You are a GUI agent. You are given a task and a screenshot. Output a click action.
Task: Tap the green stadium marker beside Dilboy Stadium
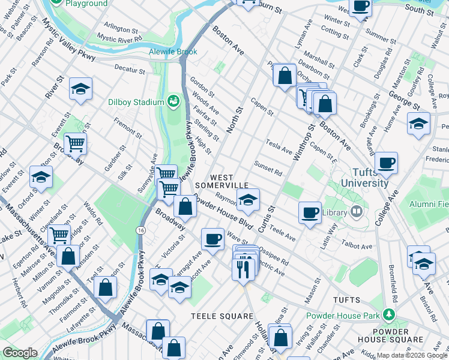click(x=173, y=101)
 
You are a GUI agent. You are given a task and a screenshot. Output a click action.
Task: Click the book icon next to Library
click(x=357, y=212)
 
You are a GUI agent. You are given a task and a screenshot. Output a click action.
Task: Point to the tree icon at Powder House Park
click(x=389, y=314)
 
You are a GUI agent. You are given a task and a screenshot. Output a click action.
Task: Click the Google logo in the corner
click(x=20, y=353)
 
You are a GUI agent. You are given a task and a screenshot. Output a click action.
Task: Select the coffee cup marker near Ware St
click(x=212, y=239)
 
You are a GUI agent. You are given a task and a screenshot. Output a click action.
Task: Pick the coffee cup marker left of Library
click(x=310, y=212)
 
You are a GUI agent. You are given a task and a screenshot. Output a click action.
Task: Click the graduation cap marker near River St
click(x=80, y=89)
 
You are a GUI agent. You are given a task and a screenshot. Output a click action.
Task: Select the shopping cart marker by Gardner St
click(x=76, y=143)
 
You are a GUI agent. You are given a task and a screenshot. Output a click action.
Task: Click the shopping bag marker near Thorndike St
click(x=106, y=286)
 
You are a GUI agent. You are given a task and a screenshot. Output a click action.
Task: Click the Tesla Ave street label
click(x=279, y=146)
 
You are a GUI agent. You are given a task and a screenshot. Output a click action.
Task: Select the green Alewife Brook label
click(x=173, y=52)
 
